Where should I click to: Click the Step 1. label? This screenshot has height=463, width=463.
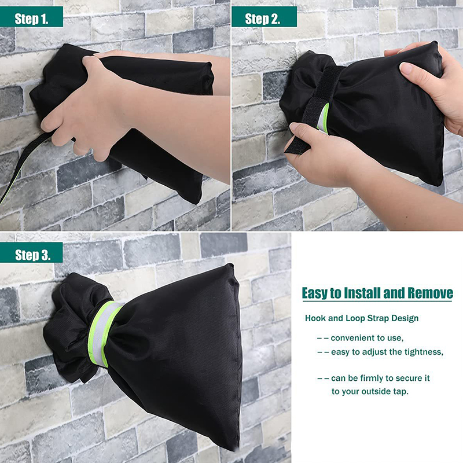(32, 19)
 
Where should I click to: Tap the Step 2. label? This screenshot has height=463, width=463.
(262, 19)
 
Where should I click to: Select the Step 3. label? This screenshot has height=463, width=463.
(32, 255)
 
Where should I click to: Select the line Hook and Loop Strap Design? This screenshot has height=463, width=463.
(362, 318)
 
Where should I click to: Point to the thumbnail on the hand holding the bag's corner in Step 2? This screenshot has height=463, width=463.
(406, 68)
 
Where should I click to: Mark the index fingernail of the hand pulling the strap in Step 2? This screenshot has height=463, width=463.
(295, 126)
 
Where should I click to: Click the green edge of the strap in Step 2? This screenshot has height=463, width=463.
(324, 117)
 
